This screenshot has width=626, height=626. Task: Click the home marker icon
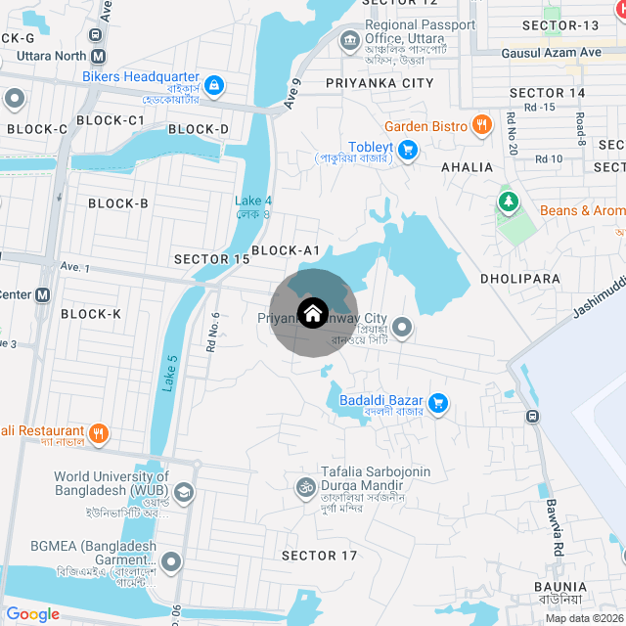312,314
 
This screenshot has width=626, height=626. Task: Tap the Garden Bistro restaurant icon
481,125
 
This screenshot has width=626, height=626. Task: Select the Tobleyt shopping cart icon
408,150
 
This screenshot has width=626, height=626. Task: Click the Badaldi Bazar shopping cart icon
438,402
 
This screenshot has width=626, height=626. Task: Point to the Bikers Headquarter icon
215,86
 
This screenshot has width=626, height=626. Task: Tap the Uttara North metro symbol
97,55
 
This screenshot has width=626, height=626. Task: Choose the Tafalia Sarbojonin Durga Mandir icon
304,486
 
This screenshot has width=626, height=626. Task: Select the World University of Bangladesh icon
185,492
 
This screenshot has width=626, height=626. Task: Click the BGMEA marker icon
172,561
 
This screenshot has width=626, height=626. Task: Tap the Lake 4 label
253,201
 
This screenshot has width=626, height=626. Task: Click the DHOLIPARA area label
520,279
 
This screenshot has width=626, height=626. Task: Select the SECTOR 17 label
320,556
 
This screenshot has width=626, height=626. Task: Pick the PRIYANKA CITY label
380,83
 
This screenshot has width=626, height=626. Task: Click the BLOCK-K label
91,314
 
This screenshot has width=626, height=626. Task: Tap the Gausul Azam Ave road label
551,53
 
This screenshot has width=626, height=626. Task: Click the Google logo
32,613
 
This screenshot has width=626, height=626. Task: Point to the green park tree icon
508,202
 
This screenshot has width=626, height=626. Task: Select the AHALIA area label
468,167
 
